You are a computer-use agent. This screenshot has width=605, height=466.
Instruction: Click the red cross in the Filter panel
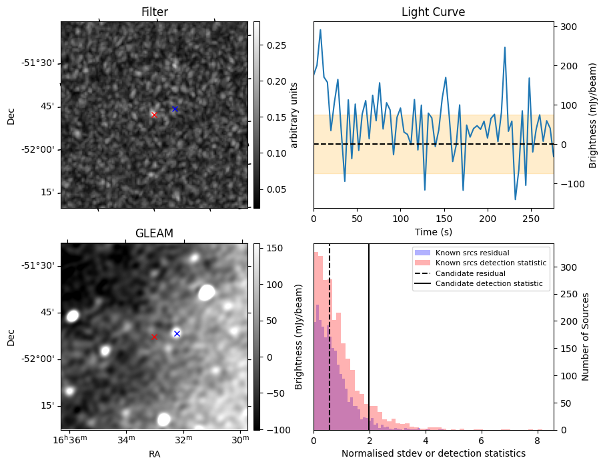[154, 115]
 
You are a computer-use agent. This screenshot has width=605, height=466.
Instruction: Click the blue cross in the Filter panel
[175, 109]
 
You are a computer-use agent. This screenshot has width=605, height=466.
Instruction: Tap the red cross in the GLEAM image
[154, 337]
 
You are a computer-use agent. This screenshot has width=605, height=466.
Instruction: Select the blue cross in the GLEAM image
[177, 334]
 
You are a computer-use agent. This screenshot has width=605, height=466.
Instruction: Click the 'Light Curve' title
[434, 12]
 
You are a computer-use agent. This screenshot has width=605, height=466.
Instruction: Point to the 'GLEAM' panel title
[154, 233]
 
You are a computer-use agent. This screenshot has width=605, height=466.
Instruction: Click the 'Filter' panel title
[155, 12]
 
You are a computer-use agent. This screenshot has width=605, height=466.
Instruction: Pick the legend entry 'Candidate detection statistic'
[489, 283]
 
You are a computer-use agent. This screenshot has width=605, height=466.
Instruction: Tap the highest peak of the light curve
[320, 30]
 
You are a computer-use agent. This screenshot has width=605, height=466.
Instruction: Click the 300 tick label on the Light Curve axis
[568, 27]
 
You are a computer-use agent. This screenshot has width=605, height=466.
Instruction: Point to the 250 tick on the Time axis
[531, 219]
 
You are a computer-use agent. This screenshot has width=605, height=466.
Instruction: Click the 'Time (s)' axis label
[434, 232]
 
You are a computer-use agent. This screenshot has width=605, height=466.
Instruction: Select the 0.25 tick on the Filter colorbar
[277, 45]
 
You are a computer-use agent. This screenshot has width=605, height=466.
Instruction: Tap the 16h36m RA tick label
[71, 440]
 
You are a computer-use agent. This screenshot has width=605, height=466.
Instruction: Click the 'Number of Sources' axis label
[585, 337]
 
